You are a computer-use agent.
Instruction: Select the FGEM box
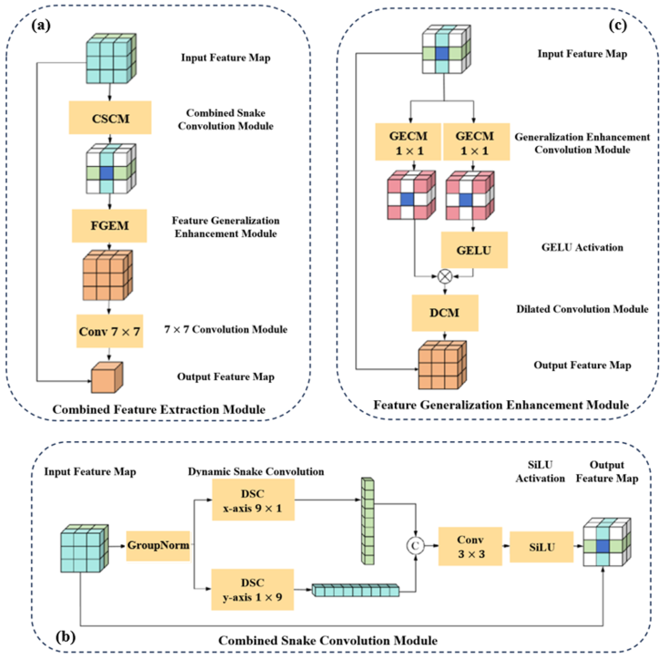[110, 226]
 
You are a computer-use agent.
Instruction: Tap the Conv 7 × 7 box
[110, 331]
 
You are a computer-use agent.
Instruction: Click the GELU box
[474, 250]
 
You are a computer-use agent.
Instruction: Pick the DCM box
[445, 313]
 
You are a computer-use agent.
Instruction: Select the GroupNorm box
[158, 546]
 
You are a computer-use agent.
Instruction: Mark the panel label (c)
[618, 26]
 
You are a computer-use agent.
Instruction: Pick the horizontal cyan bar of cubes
[356, 590]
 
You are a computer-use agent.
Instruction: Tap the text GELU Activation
[582, 247]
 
